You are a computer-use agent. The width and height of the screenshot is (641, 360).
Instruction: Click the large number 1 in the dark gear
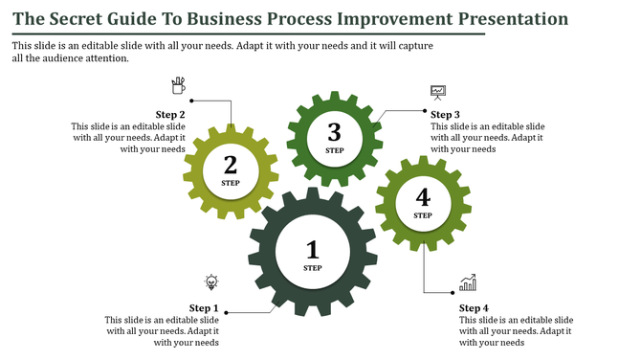312,251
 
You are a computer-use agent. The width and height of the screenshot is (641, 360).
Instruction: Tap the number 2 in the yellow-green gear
231,165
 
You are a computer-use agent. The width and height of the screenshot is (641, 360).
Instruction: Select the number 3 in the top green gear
334,132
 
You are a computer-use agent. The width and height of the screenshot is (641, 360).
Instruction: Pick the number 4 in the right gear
423,198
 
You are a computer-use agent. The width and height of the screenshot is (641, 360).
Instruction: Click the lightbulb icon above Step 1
210,281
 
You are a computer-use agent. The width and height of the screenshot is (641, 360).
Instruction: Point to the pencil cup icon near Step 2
178,86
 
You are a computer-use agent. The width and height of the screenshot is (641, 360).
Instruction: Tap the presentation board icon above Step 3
438,93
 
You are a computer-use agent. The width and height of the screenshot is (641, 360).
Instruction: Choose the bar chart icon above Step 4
468,282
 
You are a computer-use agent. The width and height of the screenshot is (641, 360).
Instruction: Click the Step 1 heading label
204,308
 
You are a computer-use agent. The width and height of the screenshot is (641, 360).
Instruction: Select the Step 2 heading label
169,115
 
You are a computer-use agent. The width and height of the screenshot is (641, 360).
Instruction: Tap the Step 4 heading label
475,308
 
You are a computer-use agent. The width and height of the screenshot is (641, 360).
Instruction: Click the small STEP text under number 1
312,269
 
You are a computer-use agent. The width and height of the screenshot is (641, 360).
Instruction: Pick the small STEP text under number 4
423,215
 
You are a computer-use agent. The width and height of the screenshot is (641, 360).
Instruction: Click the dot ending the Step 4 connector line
453,292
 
